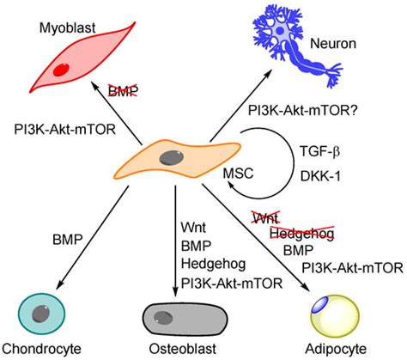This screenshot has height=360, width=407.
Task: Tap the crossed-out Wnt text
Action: (264, 219)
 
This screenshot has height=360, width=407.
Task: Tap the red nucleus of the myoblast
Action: (61, 70)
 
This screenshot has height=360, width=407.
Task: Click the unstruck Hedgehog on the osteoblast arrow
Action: (210, 259)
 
